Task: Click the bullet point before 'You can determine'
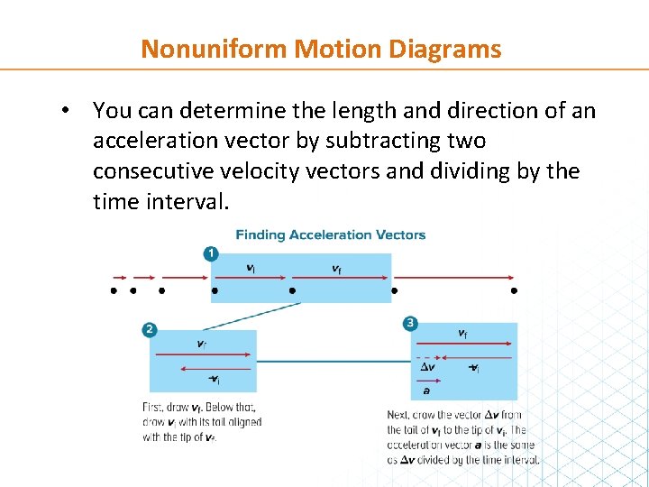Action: click(x=66, y=111)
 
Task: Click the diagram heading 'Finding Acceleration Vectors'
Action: click(x=331, y=234)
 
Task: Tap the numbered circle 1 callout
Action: click(x=210, y=253)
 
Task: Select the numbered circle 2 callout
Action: click(x=150, y=330)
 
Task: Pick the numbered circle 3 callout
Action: click(x=410, y=323)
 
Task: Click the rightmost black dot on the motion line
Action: click(x=514, y=291)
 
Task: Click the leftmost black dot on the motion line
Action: click(x=114, y=291)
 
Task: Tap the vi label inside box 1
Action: click(x=250, y=267)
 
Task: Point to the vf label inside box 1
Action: click(x=336, y=268)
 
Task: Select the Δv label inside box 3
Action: click(x=428, y=366)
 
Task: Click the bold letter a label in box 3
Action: click(x=425, y=390)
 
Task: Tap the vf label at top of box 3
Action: click(x=462, y=333)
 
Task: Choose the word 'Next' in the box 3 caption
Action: click(x=398, y=416)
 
